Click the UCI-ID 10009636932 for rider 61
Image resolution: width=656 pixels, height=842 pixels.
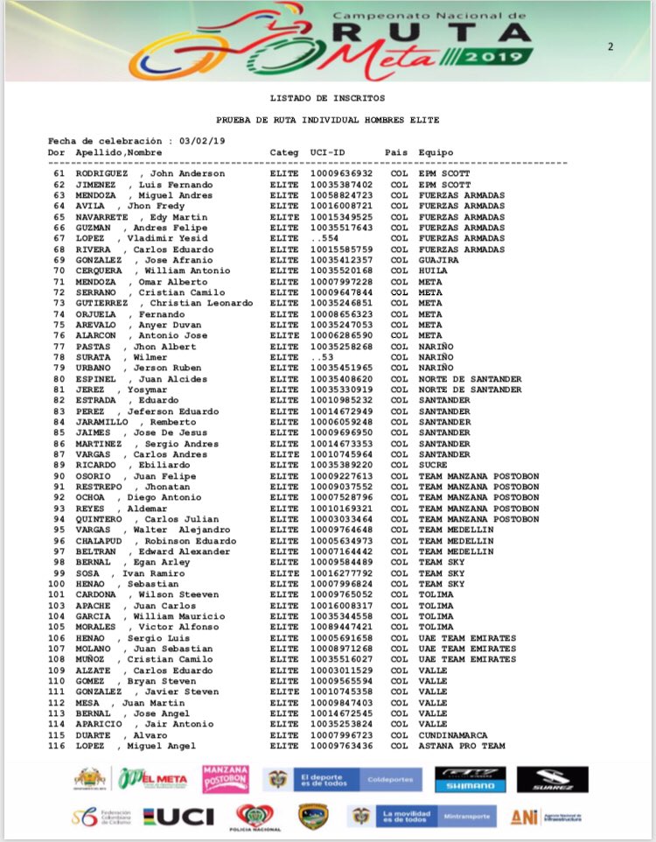(341, 173)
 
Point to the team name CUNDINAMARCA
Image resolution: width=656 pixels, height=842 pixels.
(453, 735)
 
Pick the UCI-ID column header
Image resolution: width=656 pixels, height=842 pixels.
(327, 152)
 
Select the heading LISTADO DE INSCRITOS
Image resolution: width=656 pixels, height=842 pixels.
(327, 97)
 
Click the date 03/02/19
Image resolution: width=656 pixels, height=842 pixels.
(203, 141)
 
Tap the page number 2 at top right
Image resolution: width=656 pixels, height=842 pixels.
(611, 47)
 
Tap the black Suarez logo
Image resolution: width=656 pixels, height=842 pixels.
(551, 779)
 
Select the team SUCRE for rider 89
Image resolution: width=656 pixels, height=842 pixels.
(433, 465)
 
